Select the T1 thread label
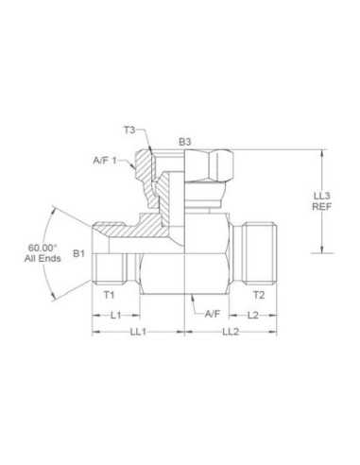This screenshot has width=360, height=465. (x=108, y=294)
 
